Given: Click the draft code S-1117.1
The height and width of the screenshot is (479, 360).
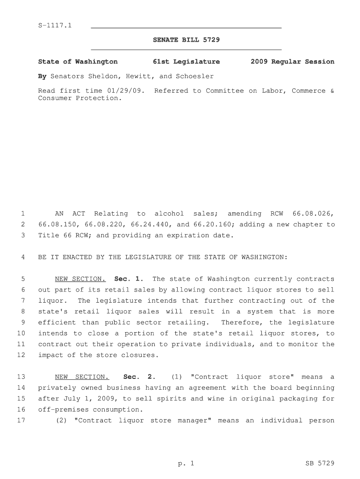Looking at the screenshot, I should pyautogui.click(x=55, y=25).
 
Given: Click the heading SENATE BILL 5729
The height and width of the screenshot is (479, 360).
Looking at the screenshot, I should pyautogui.click(x=186, y=40).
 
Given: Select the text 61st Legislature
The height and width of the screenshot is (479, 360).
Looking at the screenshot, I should pyautogui.click(x=186, y=62).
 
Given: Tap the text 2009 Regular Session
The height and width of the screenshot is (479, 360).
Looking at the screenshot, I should pyautogui.click(x=292, y=62).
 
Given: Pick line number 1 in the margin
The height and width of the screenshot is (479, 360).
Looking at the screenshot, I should pyautogui.click(x=22, y=214).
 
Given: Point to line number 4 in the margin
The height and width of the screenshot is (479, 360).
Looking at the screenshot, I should pyautogui.click(x=22, y=257).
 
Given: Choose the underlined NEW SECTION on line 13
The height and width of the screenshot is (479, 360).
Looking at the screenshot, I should pyautogui.click(x=82, y=377).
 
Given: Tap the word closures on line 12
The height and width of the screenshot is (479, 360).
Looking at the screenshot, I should pyautogui.click(x=141, y=355).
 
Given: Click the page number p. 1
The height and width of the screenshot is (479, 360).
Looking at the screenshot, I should pyautogui.click(x=186, y=464).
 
